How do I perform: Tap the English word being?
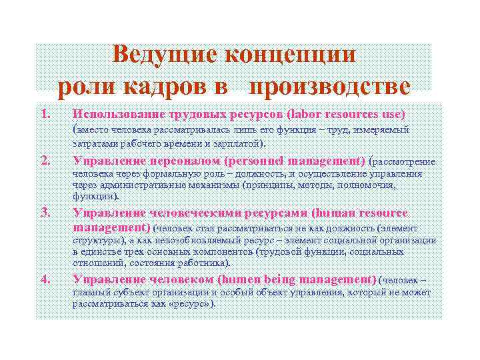coord(277,279)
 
